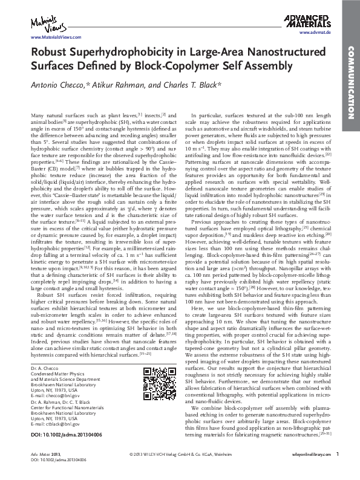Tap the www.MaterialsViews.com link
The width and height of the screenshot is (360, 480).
[46, 37]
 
